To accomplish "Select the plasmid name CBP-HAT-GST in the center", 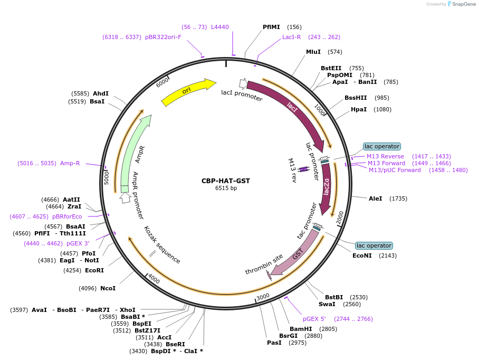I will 226,181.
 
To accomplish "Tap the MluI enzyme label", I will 313,52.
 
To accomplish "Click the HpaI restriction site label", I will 359,109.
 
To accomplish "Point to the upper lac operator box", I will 382,146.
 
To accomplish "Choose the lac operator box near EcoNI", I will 374,245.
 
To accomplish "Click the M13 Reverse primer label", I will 386,156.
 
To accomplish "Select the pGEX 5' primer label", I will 314,319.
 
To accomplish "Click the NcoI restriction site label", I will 108,288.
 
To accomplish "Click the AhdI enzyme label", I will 101,93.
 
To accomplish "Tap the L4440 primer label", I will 220,27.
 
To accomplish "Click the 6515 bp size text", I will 226,188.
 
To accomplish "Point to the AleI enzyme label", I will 376,198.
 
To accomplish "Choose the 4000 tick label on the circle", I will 154,278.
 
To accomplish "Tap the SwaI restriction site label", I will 327,304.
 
